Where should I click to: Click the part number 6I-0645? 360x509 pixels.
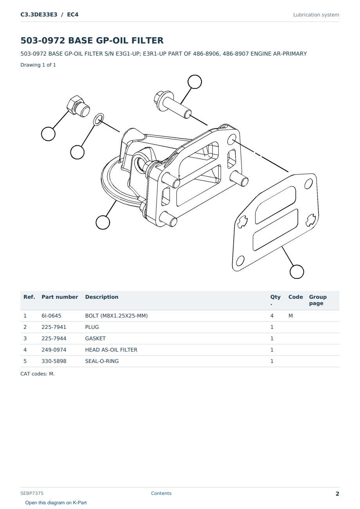point(51,316)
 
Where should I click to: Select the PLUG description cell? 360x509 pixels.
point(92,327)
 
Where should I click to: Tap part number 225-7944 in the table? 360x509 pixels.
point(54,338)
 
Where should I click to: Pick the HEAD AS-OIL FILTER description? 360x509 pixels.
point(111,350)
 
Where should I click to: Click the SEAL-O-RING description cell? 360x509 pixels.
point(102,361)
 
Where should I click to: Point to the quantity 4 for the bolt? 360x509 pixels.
point(272,316)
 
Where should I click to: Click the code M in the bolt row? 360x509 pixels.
point(290,316)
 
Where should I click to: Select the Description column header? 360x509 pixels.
point(101,297)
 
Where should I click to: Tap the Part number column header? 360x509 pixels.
point(60,297)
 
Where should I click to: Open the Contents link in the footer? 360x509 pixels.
point(161,493)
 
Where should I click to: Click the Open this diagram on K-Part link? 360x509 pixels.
point(56,503)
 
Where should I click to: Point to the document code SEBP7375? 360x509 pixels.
point(32,493)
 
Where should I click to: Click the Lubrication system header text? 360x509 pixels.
point(316,15)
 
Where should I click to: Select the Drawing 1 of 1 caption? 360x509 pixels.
point(38,65)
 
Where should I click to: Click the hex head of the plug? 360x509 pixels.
point(74,102)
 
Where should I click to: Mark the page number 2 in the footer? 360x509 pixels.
point(337,494)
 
